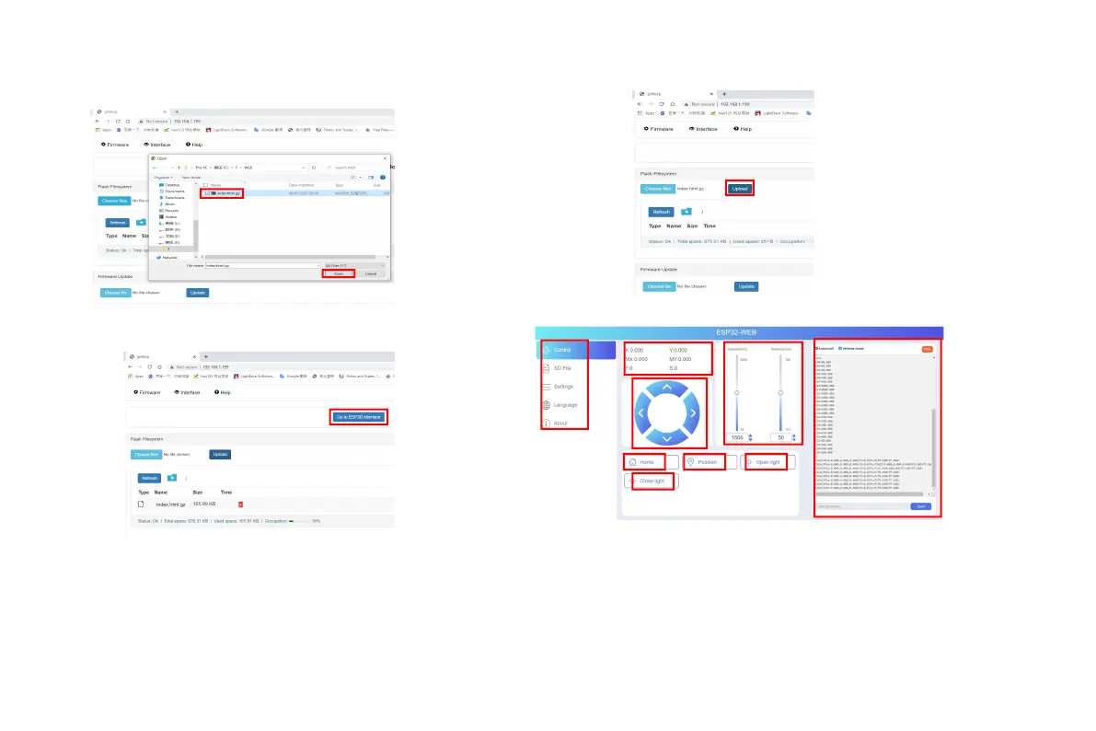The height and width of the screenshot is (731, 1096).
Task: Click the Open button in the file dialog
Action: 339,273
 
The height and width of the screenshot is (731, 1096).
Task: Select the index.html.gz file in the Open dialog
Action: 225,193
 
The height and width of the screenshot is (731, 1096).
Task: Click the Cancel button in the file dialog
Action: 371,273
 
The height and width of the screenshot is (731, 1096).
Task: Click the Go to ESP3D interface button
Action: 359,417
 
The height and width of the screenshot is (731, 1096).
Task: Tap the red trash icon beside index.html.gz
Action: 241,505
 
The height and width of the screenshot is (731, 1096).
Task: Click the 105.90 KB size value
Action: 204,505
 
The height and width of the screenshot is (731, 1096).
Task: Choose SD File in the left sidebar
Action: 563,368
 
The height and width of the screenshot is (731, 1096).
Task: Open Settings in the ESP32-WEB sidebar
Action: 562,387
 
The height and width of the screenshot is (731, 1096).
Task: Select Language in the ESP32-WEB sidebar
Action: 564,405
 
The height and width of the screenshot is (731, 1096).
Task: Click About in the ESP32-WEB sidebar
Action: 560,424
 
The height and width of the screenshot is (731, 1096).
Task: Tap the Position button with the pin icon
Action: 707,462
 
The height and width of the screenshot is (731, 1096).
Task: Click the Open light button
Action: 767,462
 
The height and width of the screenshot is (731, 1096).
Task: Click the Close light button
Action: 651,482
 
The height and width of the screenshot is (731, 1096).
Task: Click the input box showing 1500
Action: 737,437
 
